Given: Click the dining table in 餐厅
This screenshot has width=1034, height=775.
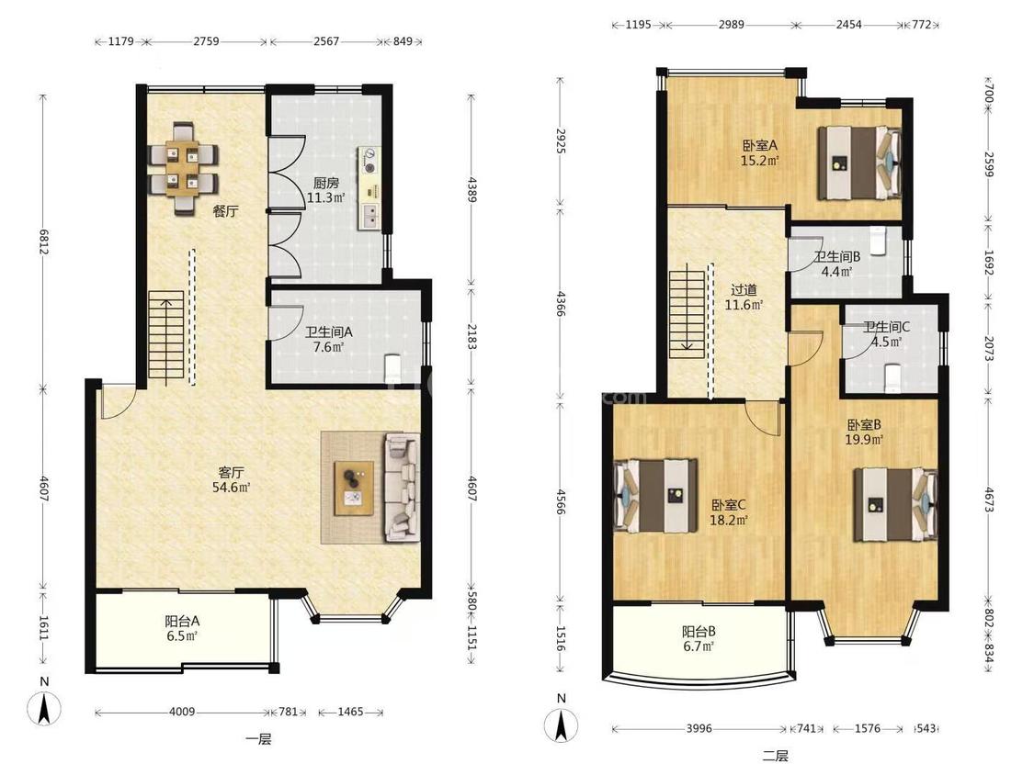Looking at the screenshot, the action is point(183,169).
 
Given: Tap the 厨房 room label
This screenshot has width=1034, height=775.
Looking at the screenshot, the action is point(326,184).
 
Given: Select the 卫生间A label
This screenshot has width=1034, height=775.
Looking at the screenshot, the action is point(328,332).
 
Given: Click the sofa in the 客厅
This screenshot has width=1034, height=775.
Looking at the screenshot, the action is point(403,487).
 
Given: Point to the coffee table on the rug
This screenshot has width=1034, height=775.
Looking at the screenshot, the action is point(354,488).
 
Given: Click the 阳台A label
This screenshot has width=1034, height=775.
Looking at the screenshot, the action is point(182,621).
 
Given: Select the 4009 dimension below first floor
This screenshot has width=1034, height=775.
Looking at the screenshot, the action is point(182,712).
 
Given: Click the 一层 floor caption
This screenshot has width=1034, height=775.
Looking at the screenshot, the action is point(258,739).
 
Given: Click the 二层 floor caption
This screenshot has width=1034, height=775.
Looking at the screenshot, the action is point(776,756).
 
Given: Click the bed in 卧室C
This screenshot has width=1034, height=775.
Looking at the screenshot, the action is point(655,496).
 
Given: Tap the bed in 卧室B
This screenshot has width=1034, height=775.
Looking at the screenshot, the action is point(895,504).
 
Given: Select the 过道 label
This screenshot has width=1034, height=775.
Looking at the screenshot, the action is point(744,290).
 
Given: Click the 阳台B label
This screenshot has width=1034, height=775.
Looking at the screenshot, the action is point(699,632).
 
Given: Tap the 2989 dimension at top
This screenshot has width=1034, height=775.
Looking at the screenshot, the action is point(731,25).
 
